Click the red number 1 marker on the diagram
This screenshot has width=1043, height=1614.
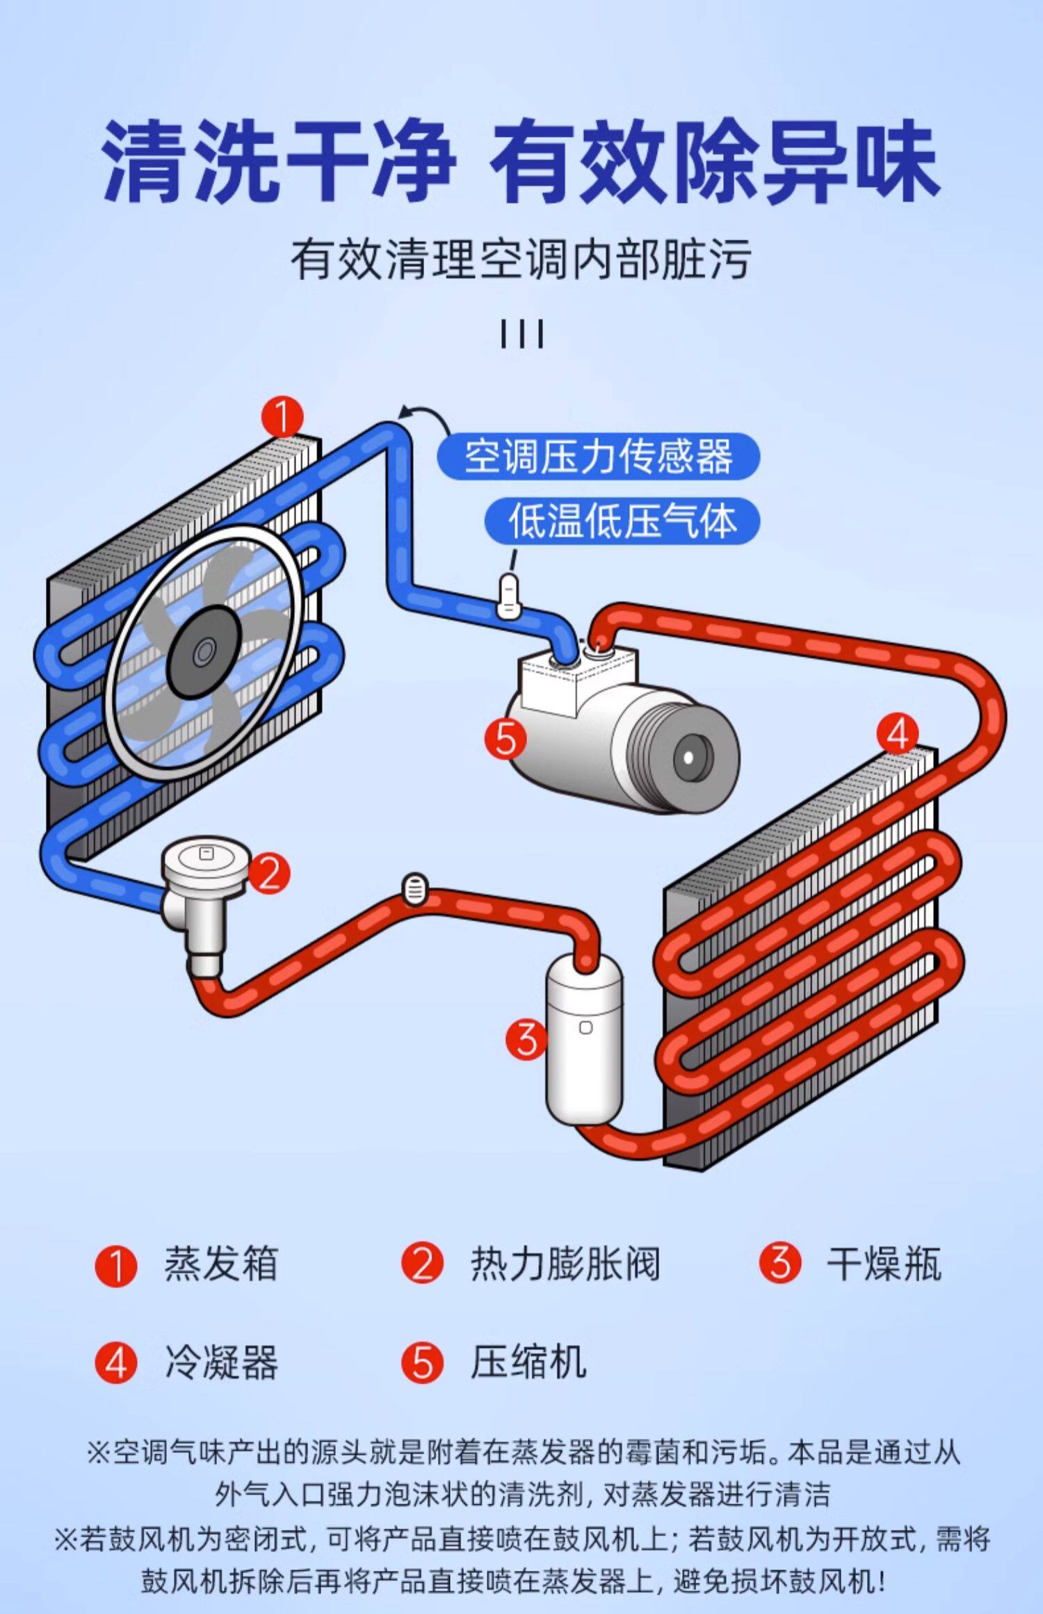(x=283, y=417)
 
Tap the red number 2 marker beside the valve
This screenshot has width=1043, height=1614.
(x=269, y=872)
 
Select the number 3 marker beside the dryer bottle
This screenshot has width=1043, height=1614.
(x=527, y=1040)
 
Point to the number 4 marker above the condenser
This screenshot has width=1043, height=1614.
(x=898, y=733)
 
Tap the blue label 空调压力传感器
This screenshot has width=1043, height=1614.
(x=598, y=457)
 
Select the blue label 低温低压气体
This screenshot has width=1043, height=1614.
(x=622, y=521)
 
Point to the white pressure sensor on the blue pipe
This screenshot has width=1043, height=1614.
(x=509, y=596)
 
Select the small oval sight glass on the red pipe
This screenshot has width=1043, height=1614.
(x=415, y=889)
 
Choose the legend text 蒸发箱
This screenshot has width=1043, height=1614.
(x=221, y=1263)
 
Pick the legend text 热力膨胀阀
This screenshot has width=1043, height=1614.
(x=565, y=1263)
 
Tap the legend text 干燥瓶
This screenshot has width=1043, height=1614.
(x=883, y=1263)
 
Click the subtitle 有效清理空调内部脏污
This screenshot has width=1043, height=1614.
(x=521, y=259)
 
